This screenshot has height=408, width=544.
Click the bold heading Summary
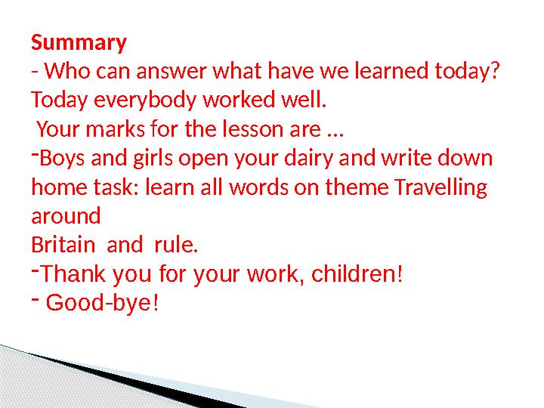[79, 42]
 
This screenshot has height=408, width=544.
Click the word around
[66, 217]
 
